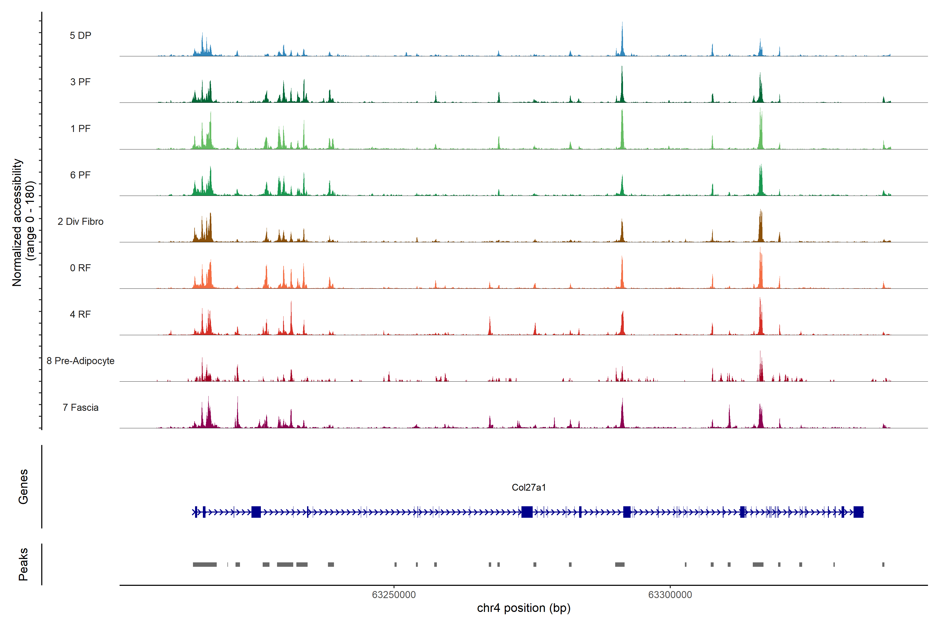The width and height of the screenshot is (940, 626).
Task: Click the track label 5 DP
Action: coord(80,35)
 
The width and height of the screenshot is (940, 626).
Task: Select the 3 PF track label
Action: coord(80,82)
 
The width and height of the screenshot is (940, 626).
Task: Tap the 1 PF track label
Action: coord(80,129)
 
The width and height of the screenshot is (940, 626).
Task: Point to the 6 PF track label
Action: coord(80,175)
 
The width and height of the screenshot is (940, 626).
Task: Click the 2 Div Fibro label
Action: coord(80,221)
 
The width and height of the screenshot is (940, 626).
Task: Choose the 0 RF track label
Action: coord(80,268)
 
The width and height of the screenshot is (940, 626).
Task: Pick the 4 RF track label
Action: coord(80,314)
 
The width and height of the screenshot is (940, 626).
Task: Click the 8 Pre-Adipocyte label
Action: coord(80,361)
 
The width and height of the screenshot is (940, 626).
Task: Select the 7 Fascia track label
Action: coord(80,407)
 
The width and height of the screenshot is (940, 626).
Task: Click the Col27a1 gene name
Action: coord(528,487)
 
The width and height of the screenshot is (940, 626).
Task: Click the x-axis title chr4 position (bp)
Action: coord(524,608)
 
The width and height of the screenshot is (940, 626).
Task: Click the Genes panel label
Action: coord(23,487)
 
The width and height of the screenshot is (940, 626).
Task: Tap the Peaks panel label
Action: coord(23,564)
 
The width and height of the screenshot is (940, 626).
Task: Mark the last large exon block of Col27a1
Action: coord(858,512)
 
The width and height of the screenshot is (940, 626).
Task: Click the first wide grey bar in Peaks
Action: coord(205,564)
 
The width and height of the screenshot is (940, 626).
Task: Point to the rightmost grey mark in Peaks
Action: coord(883,564)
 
